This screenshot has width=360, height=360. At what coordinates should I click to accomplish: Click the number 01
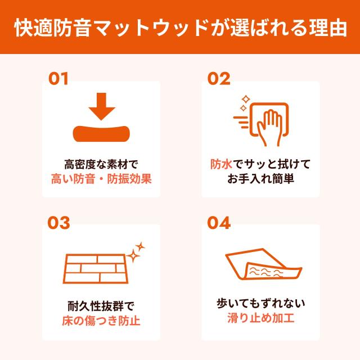click(x=58, y=78)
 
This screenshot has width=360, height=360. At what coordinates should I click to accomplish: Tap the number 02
click(x=219, y=78)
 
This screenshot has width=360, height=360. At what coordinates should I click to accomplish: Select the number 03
click(x=58, y=223)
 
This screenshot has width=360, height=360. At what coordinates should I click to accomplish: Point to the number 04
click(x=219, y=223)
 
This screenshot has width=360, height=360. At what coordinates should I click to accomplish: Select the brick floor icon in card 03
click(x=95, y=267)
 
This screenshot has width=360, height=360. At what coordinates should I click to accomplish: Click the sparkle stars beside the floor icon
click(x=136, y=252)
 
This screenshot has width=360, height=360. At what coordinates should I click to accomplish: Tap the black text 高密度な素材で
click(x=101, y=165)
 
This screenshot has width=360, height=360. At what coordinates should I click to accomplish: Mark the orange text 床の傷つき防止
click(x=101, y=322)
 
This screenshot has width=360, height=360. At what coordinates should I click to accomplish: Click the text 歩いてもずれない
click(x=260, y=304)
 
